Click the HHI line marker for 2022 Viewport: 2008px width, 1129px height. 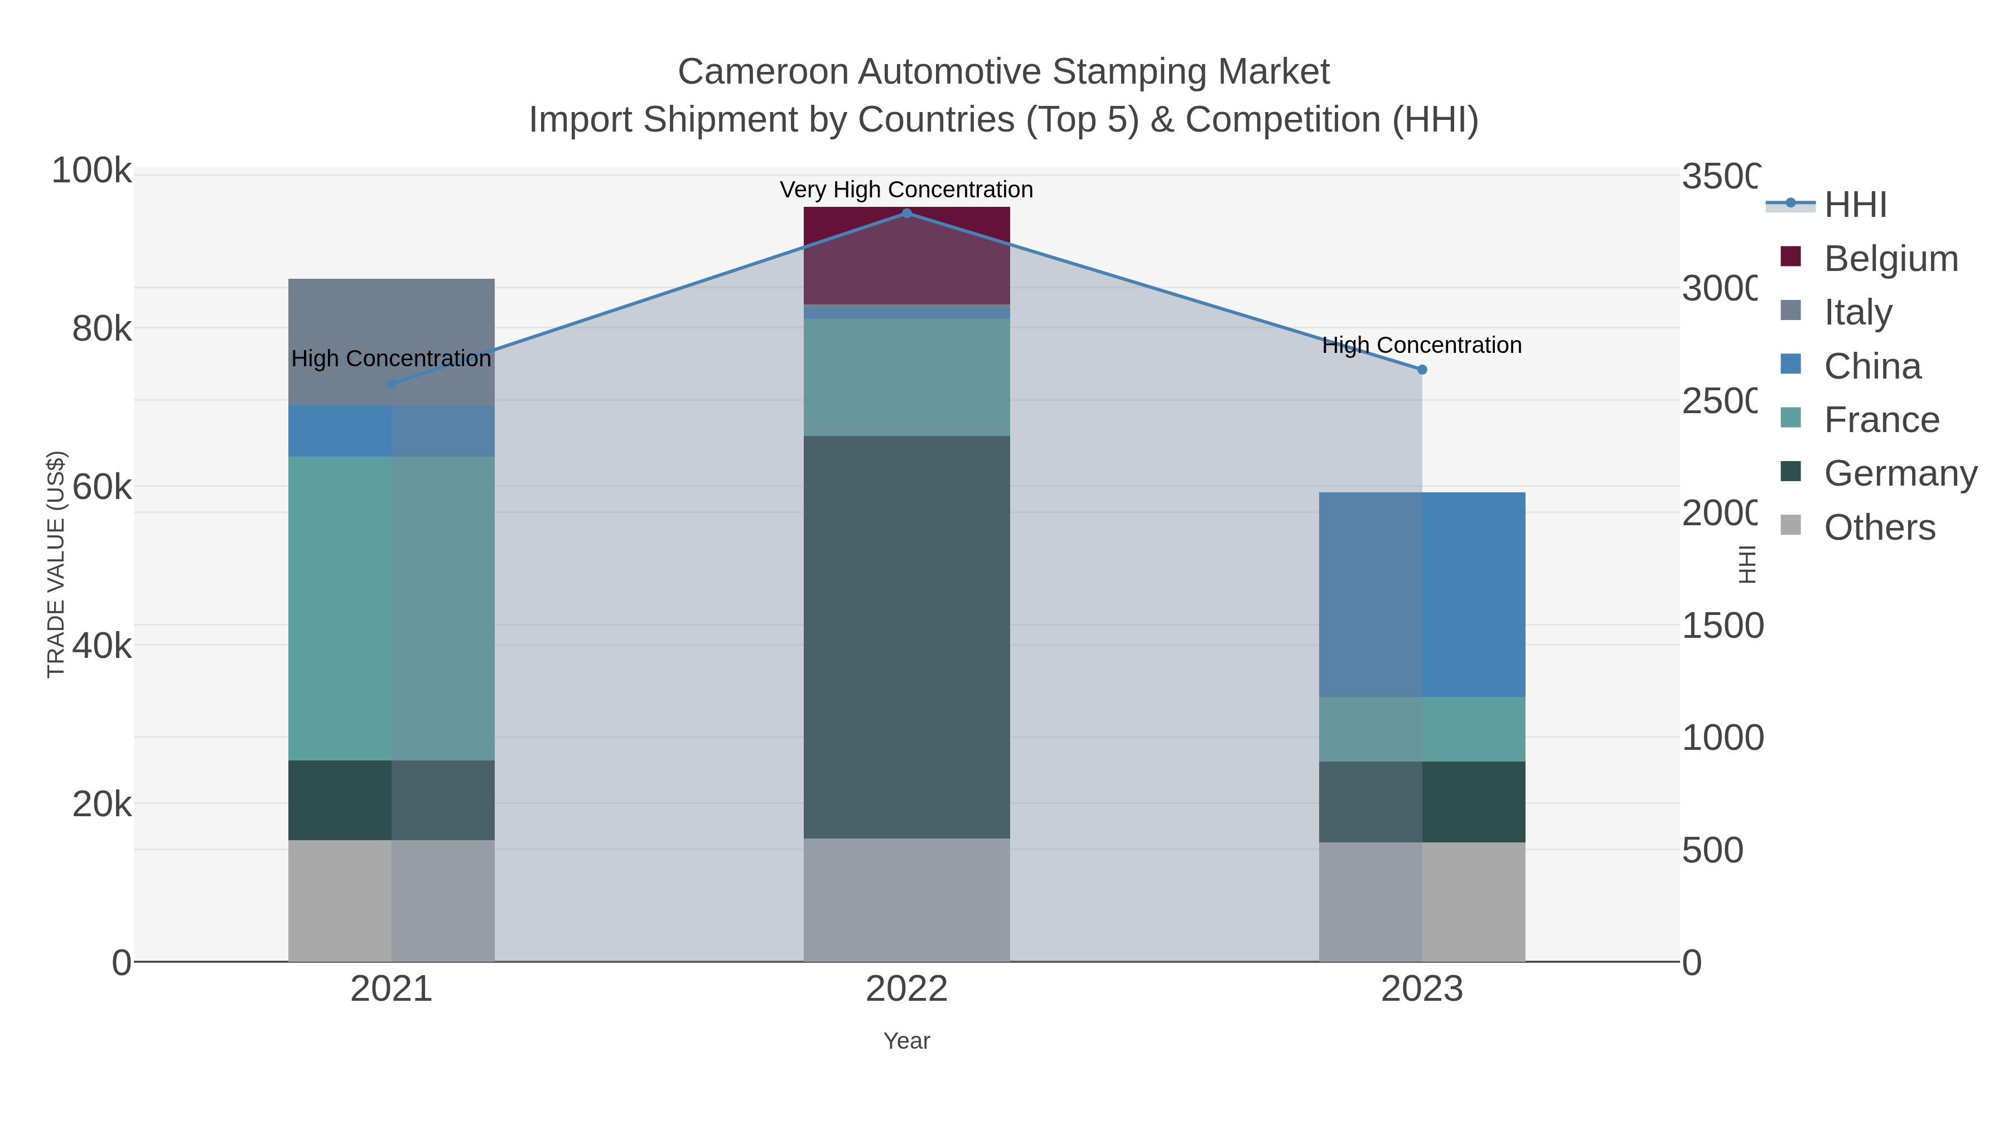906,214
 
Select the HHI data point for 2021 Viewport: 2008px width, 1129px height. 392,384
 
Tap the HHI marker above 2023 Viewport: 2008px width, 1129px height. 1422,370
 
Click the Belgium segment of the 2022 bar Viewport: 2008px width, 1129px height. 906,255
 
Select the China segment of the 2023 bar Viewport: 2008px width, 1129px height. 1422,594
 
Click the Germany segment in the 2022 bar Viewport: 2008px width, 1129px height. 906,637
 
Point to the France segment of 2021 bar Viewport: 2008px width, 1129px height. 392,608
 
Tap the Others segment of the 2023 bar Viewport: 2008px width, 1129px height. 1422,902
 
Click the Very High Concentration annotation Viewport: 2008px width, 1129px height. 906,190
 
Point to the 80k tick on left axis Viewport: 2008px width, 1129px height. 102,329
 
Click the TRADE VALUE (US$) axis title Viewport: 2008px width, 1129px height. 56,564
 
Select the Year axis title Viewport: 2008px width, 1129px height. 906,1041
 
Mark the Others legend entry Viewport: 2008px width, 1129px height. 1879,527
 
